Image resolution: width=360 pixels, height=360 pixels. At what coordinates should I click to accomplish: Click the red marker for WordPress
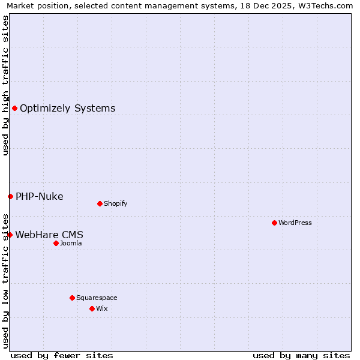pyautogui.click(x=274, y=223)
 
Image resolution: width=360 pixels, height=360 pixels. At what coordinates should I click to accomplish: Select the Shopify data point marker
pyautogui.click(x=100, y=203)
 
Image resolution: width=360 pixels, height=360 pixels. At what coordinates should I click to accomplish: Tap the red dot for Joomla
pyautogui.click(x=56, y=243)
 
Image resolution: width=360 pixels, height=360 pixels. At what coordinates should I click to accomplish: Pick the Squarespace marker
pyautogui.click(x=72, y=298)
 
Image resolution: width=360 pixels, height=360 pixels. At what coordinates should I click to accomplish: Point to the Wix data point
pyautogui.click(x=92, y=308)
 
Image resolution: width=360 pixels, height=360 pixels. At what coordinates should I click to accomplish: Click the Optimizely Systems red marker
pyautogui.click(x=14, y=108)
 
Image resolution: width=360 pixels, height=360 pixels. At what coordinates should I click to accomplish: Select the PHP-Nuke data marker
pyautogui.click(x=10, y=196)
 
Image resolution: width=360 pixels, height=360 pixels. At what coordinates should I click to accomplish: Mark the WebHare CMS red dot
pyautogui.click(x=10, y=235)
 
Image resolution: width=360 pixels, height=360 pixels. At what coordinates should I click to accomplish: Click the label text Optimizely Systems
pyautogui.click(x=67, y=109)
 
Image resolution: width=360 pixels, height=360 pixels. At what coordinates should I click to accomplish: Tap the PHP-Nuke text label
pyautogui.click(x=39, y=197)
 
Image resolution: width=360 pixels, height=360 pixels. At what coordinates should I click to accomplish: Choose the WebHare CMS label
pyautogui.click(x=49, y=235)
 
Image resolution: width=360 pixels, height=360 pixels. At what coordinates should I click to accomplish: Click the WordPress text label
pyautogui.click(x=295, y=223)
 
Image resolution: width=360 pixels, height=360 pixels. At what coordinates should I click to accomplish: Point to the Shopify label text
pyautogui.click(x=116, y=203)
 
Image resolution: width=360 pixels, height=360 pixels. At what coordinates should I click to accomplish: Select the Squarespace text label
pyautogui.click(x=97, y=298)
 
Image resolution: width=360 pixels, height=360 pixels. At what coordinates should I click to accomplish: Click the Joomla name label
pyautogui.click(x=71, y=243)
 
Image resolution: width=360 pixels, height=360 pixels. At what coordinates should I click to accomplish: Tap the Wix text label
pyautogui.click(x=101, y=308)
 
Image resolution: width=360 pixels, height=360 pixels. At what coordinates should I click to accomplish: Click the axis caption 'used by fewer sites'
pyautogui.click(x=62, y=355)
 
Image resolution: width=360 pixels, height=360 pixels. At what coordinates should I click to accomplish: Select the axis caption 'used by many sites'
pyautogui.click(x=301, y=355)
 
